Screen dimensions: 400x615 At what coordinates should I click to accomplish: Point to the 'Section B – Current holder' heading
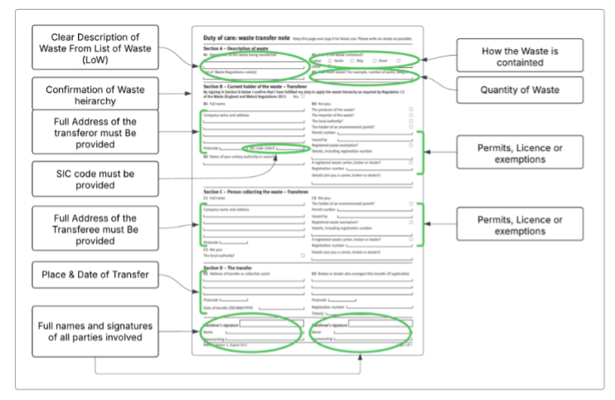pyautogui.click(x=249, y=85)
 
